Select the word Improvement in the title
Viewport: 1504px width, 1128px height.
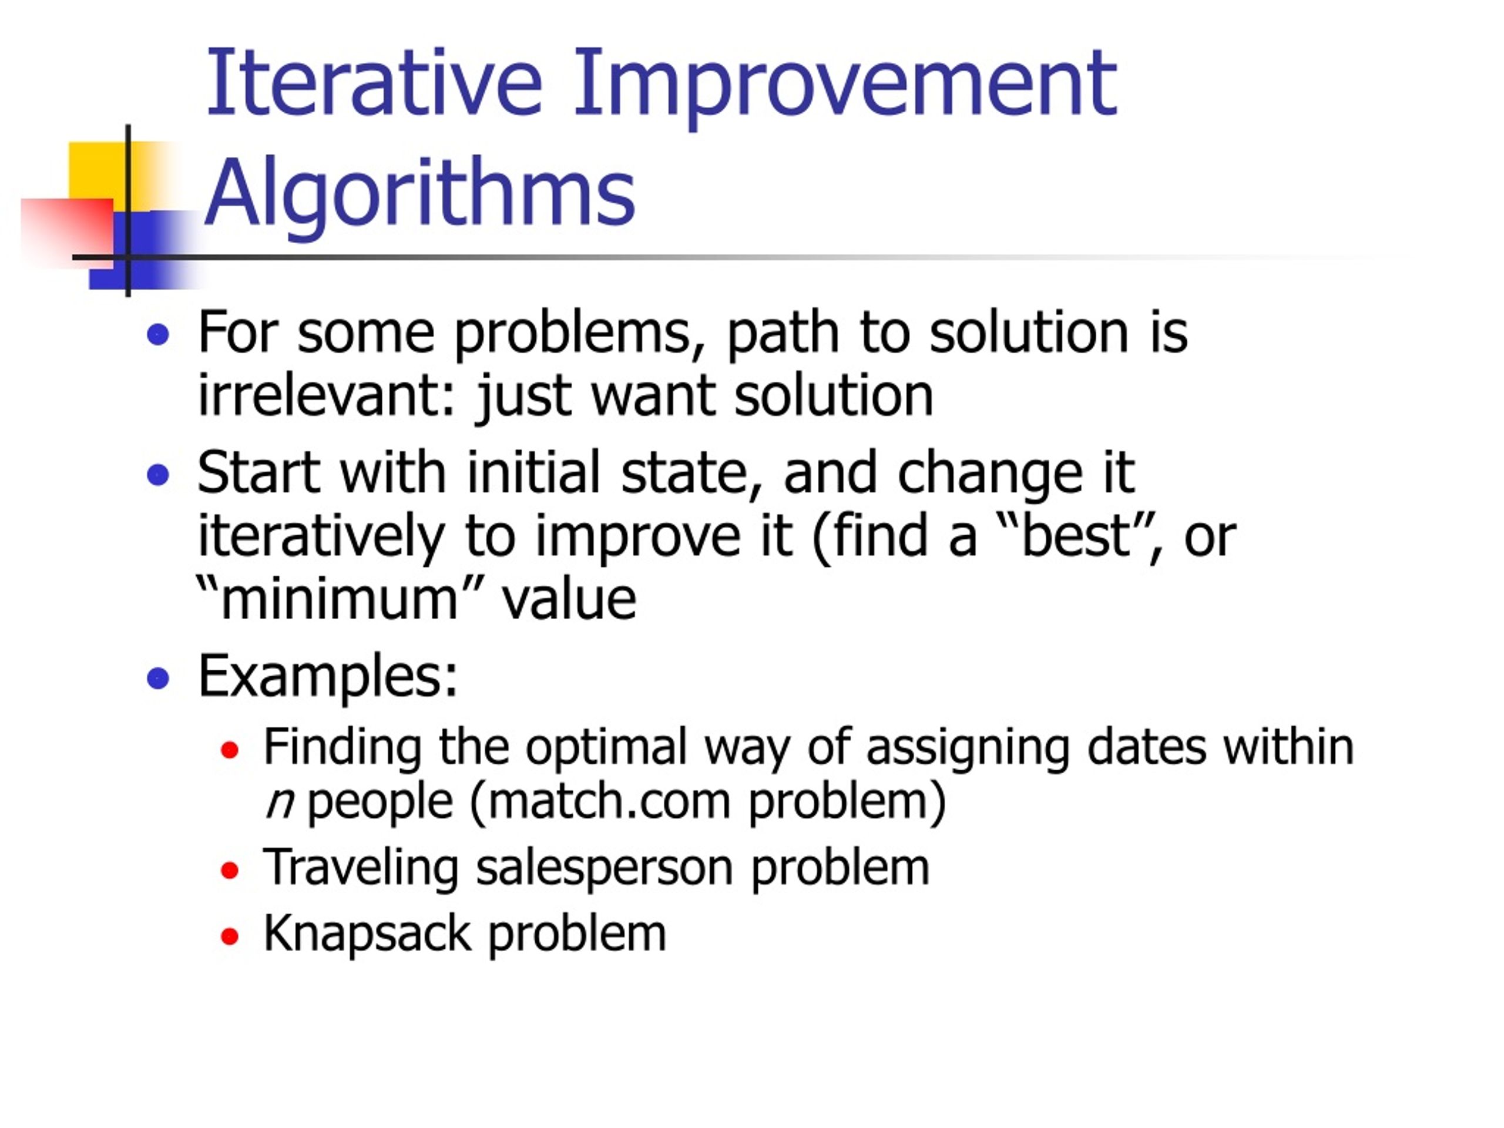point(845,88)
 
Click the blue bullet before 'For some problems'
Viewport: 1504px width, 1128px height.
point(157,334)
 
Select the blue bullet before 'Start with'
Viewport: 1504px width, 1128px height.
point(157,474)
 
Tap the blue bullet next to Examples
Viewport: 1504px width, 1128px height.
point(157,678)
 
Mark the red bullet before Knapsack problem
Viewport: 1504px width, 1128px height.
point(230,937)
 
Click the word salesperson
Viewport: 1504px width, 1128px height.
point(605,869)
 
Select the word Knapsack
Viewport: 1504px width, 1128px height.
point(367,934)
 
